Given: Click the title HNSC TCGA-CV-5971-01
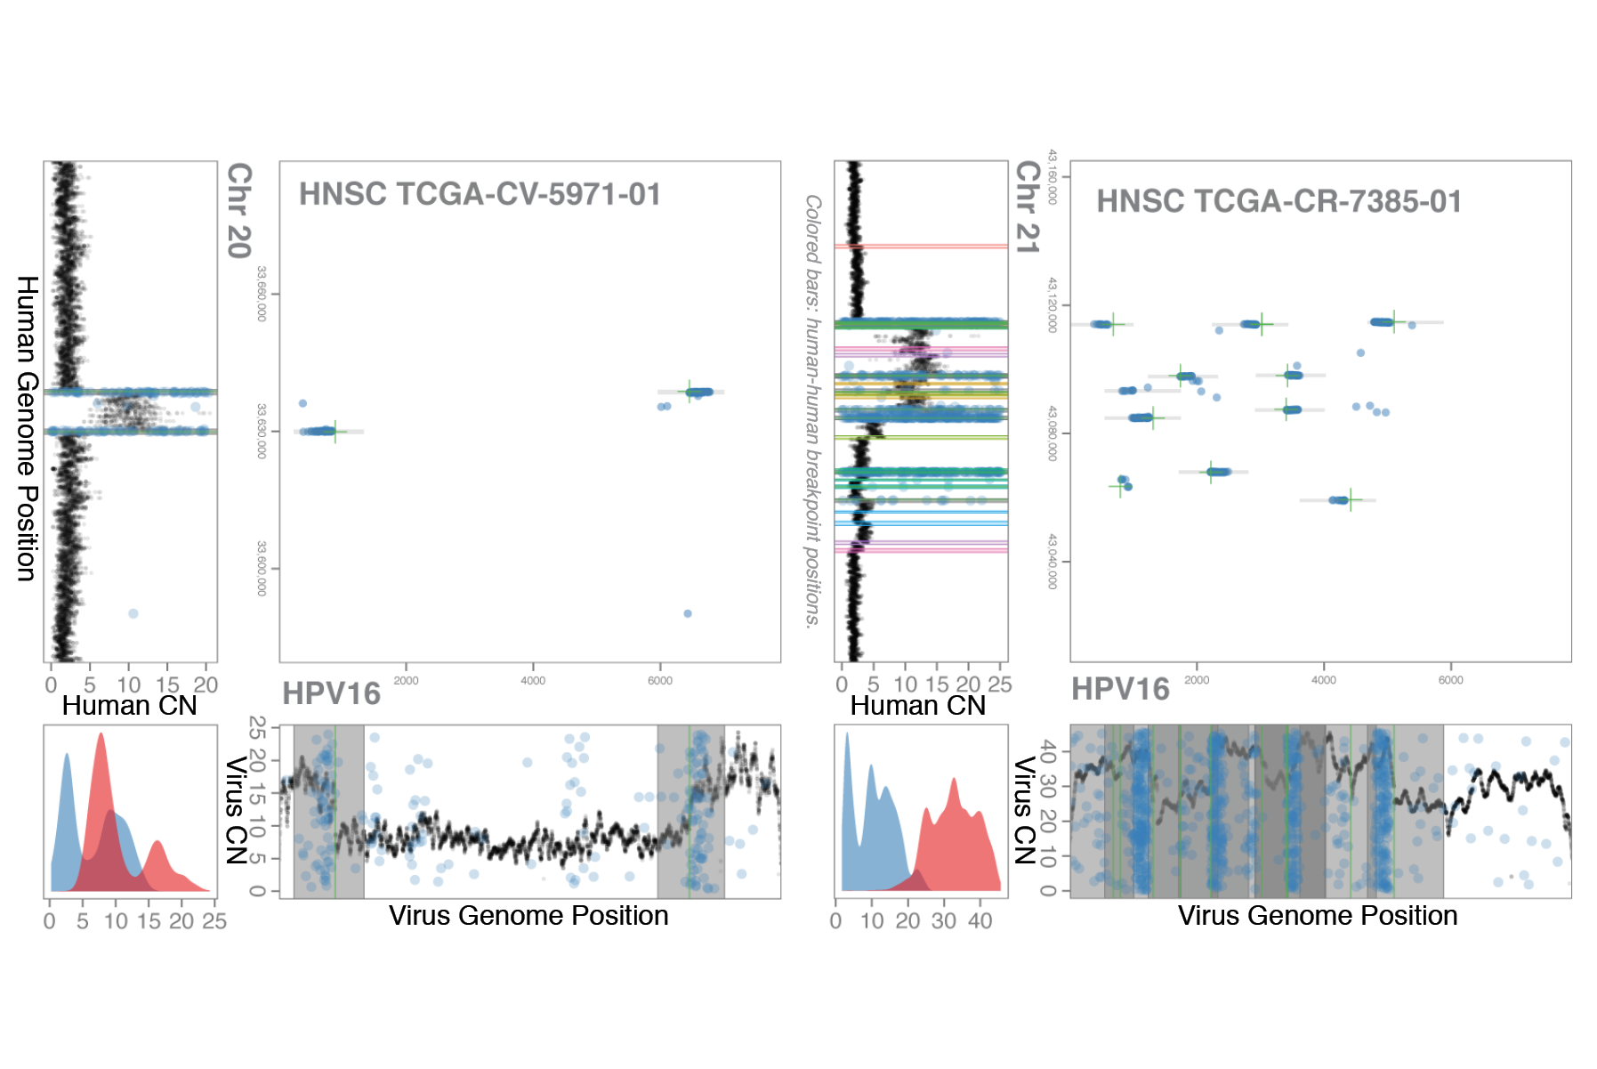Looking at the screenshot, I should pos(480,194).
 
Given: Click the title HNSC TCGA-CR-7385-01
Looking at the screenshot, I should pos(1278,202).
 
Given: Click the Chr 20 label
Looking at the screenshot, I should pos(239,210).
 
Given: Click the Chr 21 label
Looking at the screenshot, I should pos(1028,207).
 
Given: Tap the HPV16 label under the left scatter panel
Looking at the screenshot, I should pos(331,693).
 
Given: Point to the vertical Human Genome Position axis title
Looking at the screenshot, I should pos(27,428).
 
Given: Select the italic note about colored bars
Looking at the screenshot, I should pos(812,411).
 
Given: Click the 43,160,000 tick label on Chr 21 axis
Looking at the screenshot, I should pos(1052,176).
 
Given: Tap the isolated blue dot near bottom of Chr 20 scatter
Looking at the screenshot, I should pos(688,613).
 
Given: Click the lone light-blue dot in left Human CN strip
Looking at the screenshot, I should pos(133,613).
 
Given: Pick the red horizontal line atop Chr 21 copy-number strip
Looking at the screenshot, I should pos(921,246).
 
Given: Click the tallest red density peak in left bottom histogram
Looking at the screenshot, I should pos(101,735).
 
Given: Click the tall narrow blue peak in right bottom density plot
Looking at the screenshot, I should pos(847,735).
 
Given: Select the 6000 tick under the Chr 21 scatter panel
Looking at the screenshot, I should pos(1450,680).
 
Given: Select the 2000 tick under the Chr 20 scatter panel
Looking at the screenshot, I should pos(406,681).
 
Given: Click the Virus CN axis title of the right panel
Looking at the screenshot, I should pos(1025,810).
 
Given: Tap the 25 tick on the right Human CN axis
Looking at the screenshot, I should pos(1000,684).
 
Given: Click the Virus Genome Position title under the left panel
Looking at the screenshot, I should pos(528,916).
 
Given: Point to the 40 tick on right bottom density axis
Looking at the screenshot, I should pos(980,921).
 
